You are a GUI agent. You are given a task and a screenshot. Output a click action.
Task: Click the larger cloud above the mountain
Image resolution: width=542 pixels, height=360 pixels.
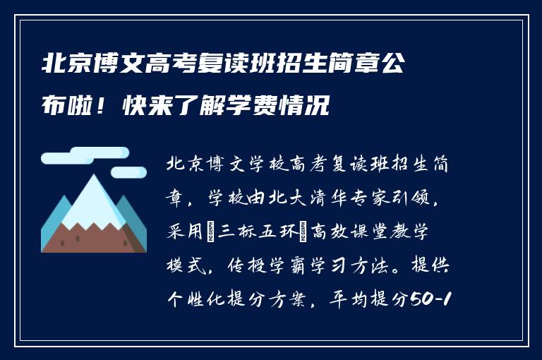tap(85, 157)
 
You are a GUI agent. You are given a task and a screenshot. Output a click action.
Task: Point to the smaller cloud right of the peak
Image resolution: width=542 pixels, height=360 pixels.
tap(128, 172)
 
